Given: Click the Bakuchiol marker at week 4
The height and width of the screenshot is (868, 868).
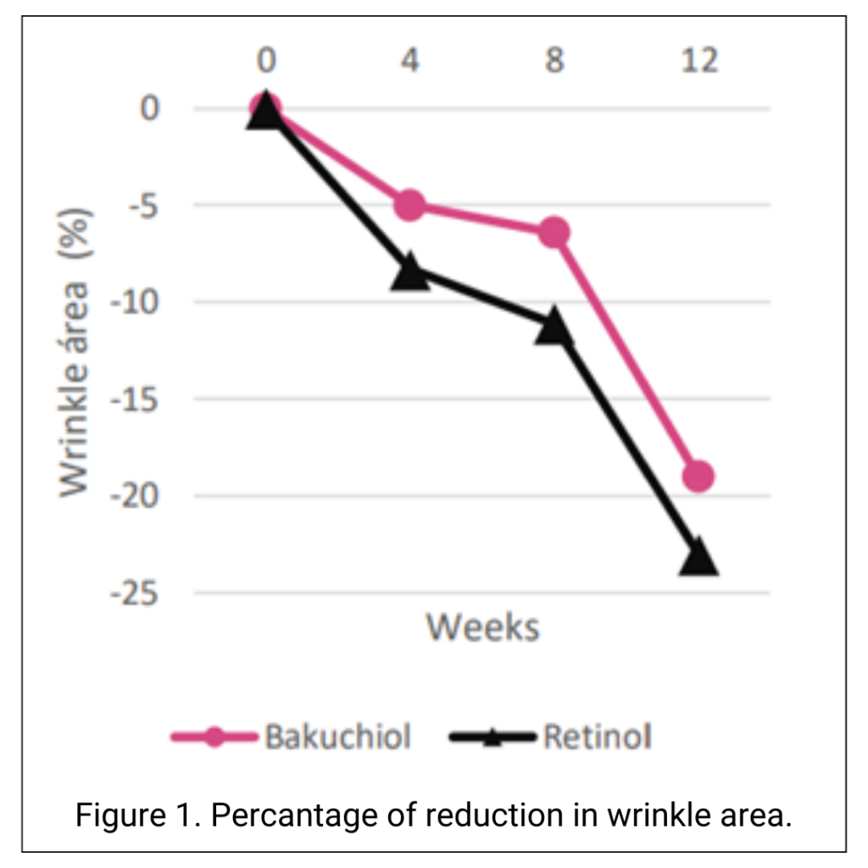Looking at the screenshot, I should [x=410, y=204].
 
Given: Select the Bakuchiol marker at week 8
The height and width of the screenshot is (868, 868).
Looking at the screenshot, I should [x=554, y=232].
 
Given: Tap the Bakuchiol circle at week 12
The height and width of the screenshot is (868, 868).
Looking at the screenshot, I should [x=698, y=476].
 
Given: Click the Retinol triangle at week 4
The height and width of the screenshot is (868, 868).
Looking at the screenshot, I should [x=410, y=272].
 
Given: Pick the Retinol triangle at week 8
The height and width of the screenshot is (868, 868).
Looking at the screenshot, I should [x=554, y=326].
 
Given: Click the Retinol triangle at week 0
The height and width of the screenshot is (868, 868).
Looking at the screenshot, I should [x=265, y=111].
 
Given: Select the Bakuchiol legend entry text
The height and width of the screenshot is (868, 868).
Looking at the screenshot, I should [x=337, y=737].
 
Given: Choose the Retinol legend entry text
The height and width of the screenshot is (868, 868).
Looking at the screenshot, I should [x=598, y=737].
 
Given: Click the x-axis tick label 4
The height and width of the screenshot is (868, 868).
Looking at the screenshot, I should [x=410, y=61].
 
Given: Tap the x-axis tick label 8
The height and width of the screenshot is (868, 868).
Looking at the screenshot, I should [x=554, y=61].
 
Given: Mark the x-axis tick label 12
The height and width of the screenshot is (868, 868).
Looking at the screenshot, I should [x=698, y=61].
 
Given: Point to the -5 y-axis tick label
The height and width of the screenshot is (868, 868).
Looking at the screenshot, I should [x=143, y=205].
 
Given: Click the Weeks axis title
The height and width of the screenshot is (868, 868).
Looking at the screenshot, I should [x=482, y=628].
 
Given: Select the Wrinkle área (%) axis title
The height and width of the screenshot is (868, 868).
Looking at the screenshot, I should [x=75, y=350].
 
